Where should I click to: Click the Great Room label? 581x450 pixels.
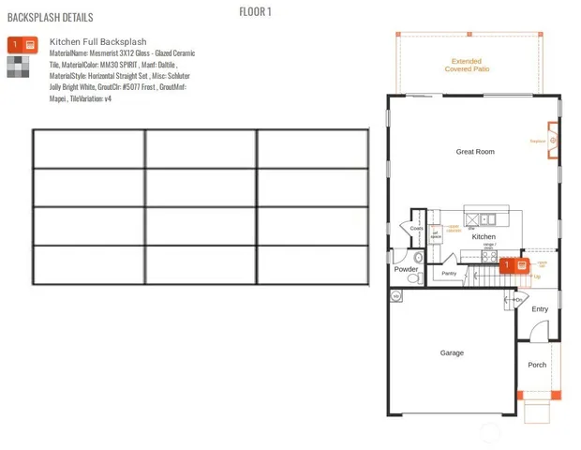click(474, 151)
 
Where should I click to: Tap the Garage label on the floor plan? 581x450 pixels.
click(452, 353)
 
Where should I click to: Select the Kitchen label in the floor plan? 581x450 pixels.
click(484, 237)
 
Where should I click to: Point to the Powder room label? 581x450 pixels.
click(406, 269)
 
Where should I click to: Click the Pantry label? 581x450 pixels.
click(449, 274)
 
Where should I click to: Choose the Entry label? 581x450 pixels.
click(540, 308)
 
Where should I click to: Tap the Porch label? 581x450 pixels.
click(536, 365)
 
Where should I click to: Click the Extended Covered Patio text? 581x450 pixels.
click(468, 65)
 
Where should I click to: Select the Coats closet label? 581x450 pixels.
click(416, 228)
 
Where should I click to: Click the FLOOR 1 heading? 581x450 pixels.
click(256, 11)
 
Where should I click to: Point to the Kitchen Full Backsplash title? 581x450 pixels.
click(98, 42)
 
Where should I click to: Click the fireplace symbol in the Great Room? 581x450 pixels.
click(553, 141)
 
